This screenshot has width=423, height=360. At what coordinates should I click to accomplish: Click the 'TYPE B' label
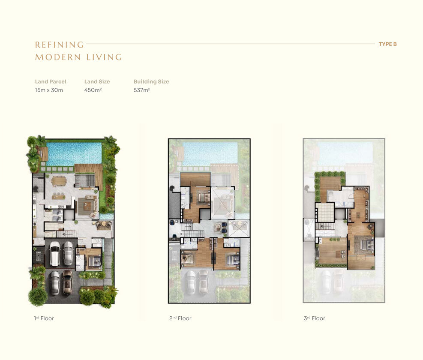coord(388,44)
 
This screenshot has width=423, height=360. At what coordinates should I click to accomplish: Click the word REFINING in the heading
coord(60,45)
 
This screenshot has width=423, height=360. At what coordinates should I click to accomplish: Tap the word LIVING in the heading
coord(104,57)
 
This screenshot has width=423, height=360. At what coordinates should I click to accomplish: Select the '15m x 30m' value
coord(49,90)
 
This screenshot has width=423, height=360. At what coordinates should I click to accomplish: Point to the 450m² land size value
coord(93,90)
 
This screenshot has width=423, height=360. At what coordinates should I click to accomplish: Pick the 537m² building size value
coord(142,90)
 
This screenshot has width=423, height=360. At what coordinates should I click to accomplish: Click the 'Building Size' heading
coord(151,81)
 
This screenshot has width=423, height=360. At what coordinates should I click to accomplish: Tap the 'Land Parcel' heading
coord(51,81)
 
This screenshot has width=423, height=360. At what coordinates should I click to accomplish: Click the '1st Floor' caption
coord(44,318)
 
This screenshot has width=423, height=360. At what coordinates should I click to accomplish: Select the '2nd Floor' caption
coord(180,318)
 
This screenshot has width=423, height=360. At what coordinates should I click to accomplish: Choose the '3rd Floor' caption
coord(315,318)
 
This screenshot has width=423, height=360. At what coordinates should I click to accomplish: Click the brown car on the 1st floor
coord(67,282)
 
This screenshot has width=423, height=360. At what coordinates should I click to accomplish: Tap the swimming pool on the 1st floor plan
coord(74,154)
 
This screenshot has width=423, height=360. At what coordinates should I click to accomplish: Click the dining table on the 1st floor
coord(58,181)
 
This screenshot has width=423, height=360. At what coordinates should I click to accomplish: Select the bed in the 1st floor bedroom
coord(95,261)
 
